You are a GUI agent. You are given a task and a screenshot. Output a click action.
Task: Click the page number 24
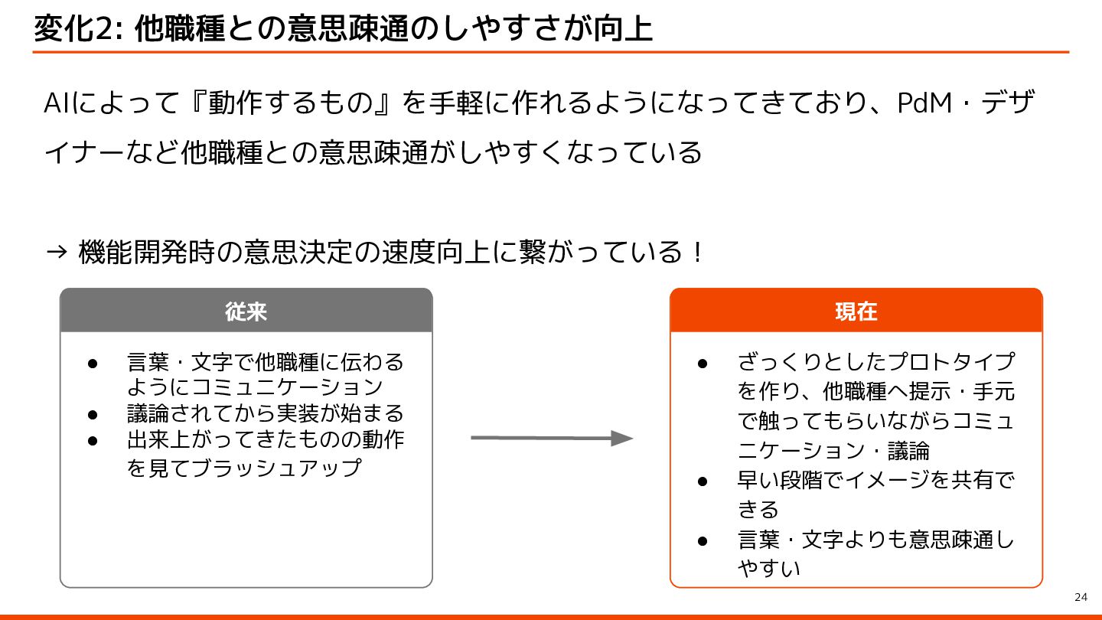pyautogui.click(x=1081, y=597)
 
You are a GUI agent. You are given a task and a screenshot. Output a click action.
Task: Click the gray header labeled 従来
pyautogui.click(x=246, y=311)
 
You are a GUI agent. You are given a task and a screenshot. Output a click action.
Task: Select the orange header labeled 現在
pyautogui.click(x=856, y=311)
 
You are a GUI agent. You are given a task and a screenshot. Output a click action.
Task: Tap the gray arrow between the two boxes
pyautogui.click(x=551, y=439)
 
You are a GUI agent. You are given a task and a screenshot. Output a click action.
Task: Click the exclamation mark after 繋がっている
pyautogui.click(x=696, y=251)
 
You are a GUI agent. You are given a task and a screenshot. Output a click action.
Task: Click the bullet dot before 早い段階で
pyautogui.click(x=703, y=481)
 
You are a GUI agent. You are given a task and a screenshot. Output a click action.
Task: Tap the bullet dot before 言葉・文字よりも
pyautogui.click(x=703, y=540)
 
